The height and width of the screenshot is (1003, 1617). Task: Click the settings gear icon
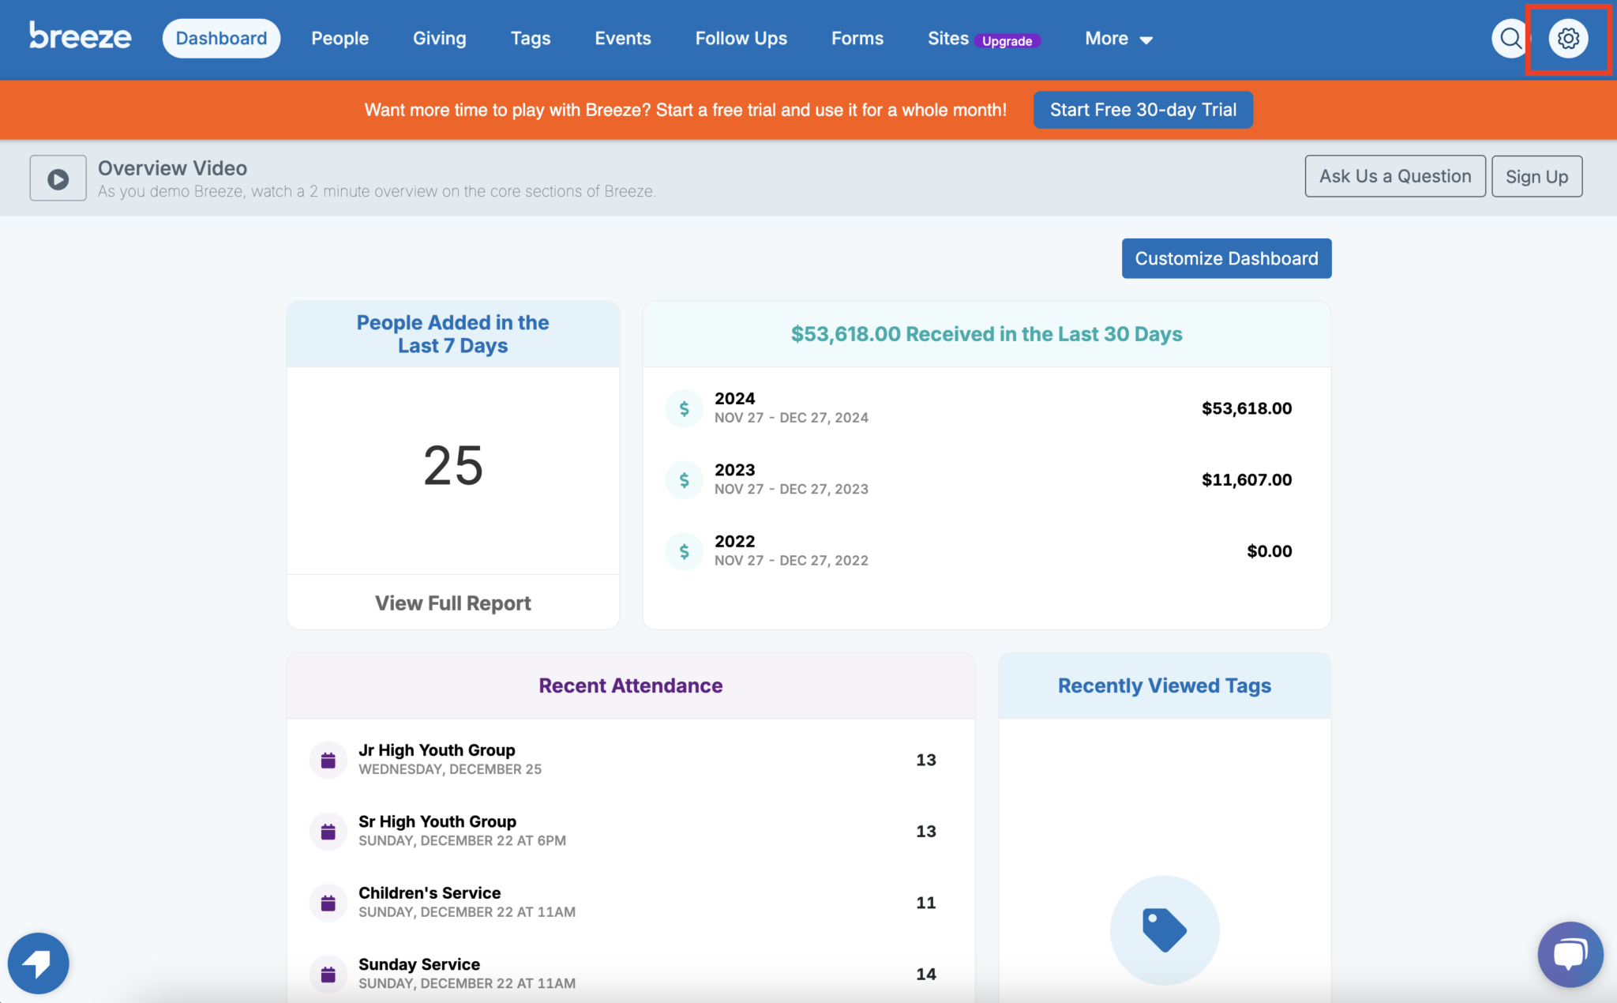1568,38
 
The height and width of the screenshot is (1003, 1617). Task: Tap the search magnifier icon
1510,38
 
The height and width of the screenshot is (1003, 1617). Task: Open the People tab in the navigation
340,38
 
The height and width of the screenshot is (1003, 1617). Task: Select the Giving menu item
439,38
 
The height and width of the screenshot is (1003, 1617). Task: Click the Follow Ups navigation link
741,38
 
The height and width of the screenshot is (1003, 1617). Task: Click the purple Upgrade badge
1007,41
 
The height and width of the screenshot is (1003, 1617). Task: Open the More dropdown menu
1119,39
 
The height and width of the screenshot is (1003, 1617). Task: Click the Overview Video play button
58,178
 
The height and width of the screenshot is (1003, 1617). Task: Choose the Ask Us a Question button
1395,176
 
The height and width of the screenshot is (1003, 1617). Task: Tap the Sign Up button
1536,176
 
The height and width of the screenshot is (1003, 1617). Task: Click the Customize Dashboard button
1226,258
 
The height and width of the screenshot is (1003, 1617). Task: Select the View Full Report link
452,603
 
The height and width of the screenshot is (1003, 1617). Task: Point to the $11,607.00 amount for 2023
1247,479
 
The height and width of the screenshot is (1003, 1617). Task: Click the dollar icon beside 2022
685,551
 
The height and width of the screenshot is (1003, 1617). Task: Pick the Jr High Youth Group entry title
437,749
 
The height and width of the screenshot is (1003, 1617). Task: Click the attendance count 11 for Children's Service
926,903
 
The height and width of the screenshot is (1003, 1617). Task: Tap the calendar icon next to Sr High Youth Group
328,832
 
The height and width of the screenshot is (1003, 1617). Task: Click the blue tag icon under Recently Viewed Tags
1165,930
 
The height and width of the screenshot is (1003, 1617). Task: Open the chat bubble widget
1570,954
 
